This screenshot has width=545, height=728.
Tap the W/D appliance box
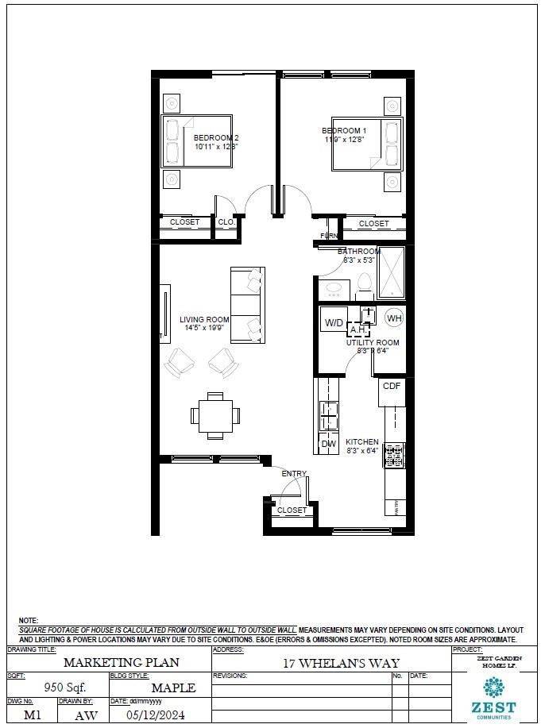(334, 322)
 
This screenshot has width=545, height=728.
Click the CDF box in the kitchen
(392, 386)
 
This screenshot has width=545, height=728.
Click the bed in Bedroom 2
(198, 141)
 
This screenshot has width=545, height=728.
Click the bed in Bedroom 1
(367, 144)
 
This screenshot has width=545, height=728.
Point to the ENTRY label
(293, 474)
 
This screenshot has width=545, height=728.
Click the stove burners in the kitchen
(394, 455)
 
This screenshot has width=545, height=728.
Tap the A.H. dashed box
(358, 329)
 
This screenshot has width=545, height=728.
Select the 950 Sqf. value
(65, 687)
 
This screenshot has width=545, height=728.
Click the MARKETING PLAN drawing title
(110, 662)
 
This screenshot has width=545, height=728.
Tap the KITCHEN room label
(361, 442)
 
